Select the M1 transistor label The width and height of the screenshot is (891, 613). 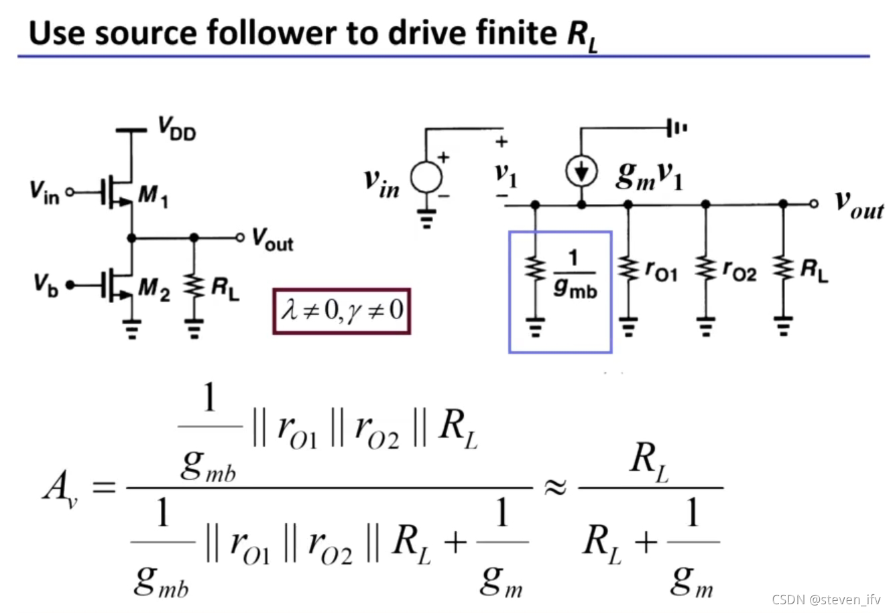153,197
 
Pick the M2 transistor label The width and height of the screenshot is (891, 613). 154,288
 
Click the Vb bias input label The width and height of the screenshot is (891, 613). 46,284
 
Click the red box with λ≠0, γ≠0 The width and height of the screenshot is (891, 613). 341,311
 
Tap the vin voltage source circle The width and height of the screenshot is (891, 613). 426,178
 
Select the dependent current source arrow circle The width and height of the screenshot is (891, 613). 581,172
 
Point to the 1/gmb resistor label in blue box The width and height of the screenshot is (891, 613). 575,274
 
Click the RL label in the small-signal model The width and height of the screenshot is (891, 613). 814,270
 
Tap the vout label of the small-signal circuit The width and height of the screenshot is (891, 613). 859,204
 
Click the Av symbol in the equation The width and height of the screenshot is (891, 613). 59,488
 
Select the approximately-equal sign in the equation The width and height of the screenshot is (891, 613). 554,488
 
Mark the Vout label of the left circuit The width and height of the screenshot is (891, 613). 272,239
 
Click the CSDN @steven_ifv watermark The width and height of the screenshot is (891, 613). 825,599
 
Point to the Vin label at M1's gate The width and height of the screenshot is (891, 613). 44,192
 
